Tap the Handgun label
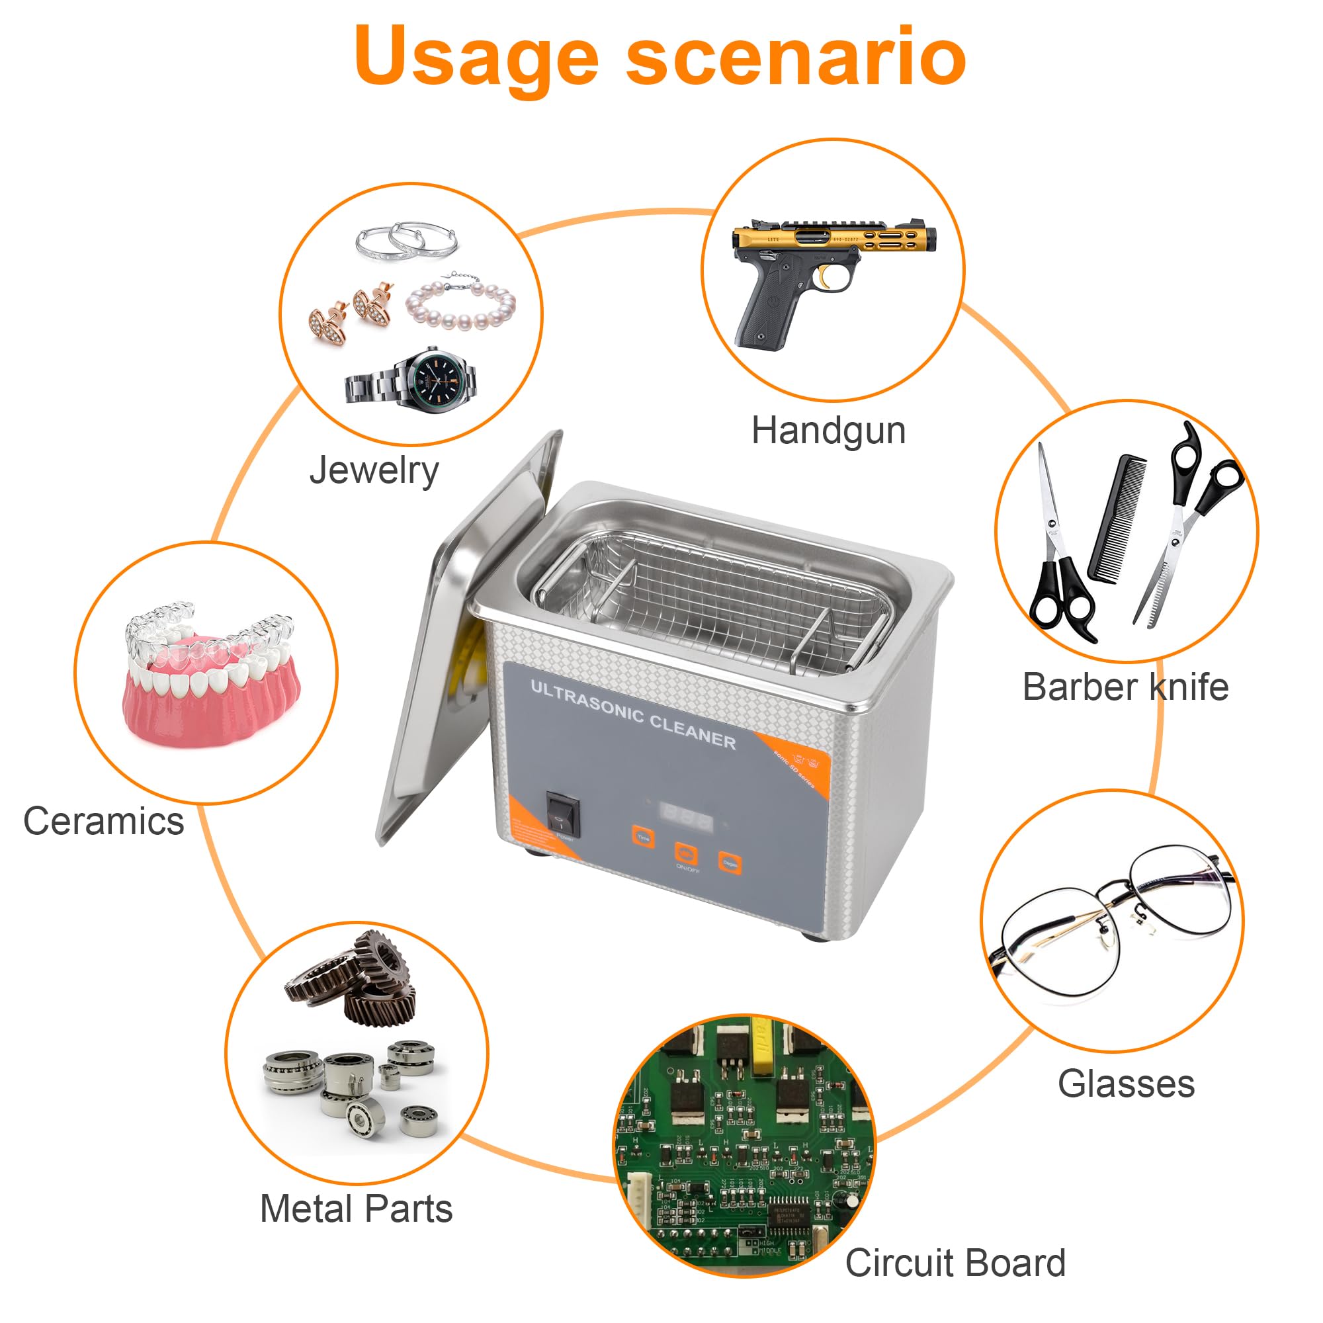(x=828, y=431)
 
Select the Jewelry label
(x=374, y=470)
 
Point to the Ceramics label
(x=103, y=820)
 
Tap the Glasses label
(x=1126, y=1084)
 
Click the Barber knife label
(x=1125, y=687)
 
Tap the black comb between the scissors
(x=1117, y=519)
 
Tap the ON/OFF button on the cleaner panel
(x=686, y=854)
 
